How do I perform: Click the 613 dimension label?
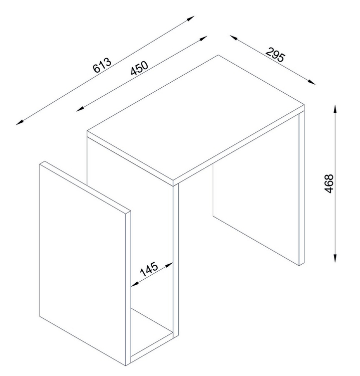[x=102, y=65]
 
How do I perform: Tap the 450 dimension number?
[x=139, y=68]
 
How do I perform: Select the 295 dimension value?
[x=276, y=55]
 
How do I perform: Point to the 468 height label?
[x=329, y=183]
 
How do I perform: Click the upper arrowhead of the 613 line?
[x=190, y=19]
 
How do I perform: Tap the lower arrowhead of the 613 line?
[x=20, y=122]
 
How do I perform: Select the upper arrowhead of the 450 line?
[x=203, y=39]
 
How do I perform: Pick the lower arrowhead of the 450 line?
[x=81, y=109]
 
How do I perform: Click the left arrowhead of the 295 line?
[x=234, y=38]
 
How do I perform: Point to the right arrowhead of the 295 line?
[x=311, y=82]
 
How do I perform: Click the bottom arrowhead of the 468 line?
[x=335, y=258]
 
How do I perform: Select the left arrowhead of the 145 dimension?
[x=135, y=284]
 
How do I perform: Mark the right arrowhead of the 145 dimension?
[x=169, y=265]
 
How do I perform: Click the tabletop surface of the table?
[x=195, y=117]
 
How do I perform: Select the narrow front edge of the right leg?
[x=302, y=189]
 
